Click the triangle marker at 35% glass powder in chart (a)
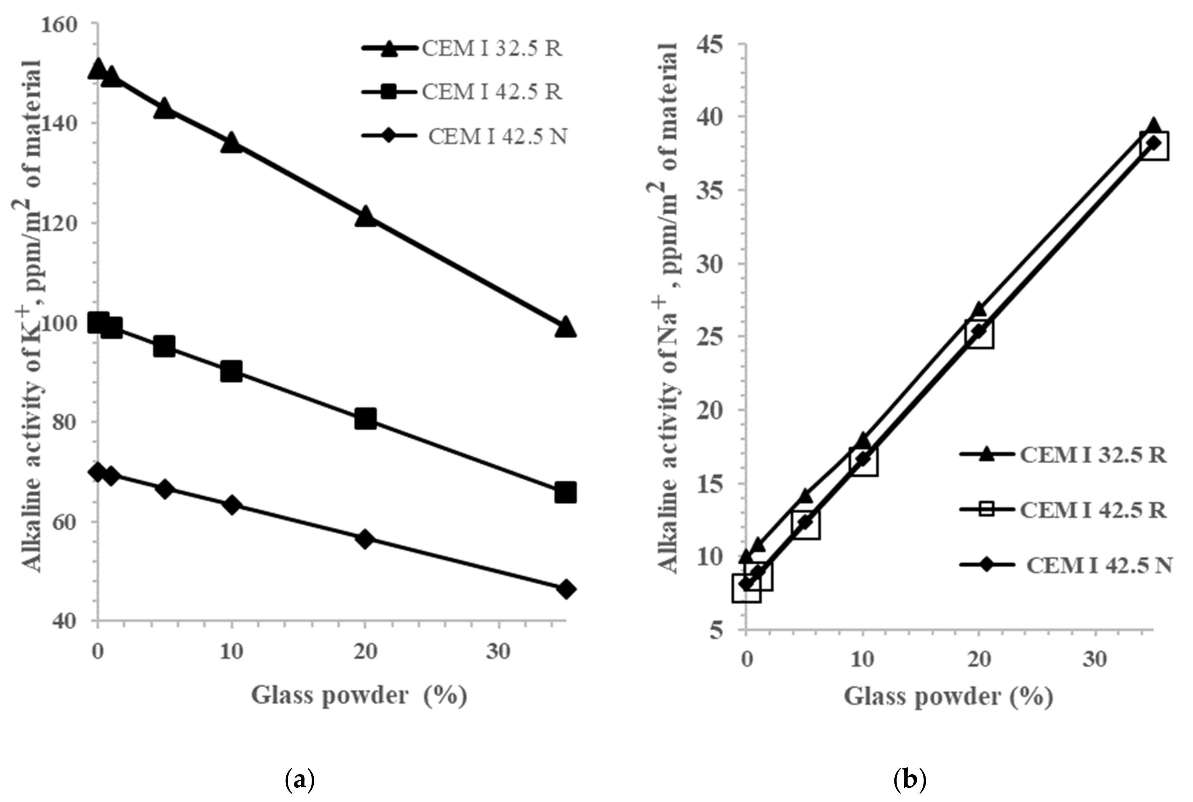coord(565,326)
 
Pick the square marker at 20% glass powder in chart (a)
coord(365,419)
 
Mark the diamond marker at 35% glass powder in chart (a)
coord(565,589)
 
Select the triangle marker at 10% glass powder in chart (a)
coord(231,142)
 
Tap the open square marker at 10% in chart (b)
coord(863,461)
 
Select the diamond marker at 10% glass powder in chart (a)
coord(231,505)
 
